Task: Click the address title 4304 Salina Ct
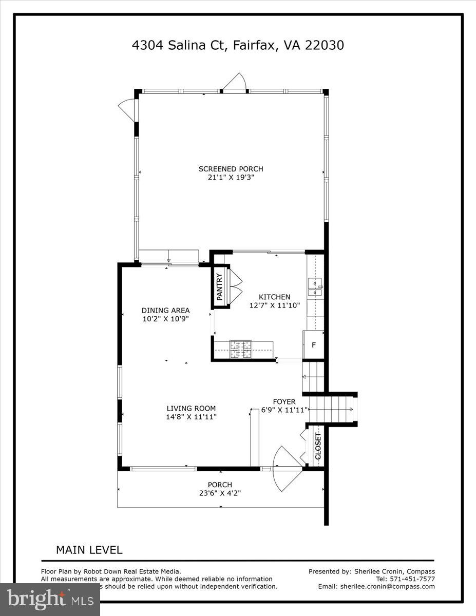[238, 46]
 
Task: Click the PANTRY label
[219, 287]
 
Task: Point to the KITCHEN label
[274, 297]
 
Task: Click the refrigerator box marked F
[313, 345]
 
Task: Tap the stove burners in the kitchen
[241, 350]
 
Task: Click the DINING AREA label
[166, 310]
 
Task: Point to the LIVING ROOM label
[191, 409]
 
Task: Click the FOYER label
[284, 401]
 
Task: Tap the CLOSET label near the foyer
[318, 446]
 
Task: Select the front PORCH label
[220, 485]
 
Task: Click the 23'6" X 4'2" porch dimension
[220, 493]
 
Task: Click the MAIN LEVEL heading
[89, 550]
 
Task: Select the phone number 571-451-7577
[412, 579]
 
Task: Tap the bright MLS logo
[50, 599]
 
